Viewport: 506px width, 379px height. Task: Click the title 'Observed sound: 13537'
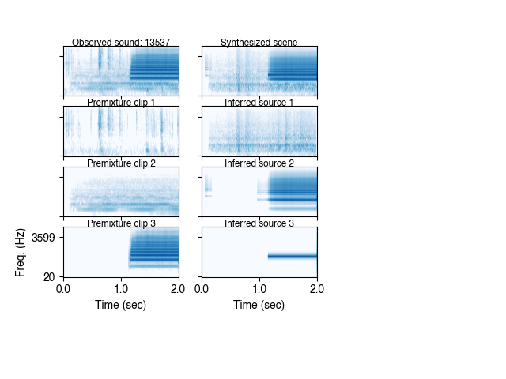[x=121, y=43]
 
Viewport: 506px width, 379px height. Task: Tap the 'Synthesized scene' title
[x=259, y=43]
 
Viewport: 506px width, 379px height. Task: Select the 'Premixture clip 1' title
[x=121, y=103]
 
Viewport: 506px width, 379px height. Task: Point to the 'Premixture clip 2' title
[x=121, y=163]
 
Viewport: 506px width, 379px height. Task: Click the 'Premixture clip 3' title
[x=121, y=223]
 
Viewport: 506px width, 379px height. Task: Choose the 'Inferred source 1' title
[x=259, y=103]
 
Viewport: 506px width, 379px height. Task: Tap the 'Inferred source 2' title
[x=259, y=163]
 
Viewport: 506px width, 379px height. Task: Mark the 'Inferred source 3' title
[x=259, y=223]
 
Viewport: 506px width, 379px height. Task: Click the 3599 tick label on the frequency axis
[x=43, y=237]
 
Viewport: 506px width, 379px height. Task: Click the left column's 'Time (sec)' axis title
[x=121, y=305]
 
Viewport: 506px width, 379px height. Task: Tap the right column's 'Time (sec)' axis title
[x=259, y=305]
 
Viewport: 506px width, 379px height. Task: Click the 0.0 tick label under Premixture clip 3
[x=64, y=289]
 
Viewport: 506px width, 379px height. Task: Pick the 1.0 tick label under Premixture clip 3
[x=121, y=289]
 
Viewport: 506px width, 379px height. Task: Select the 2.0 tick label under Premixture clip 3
[x=179, y=289]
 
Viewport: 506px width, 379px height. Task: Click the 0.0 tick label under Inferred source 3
[x=202, y=289]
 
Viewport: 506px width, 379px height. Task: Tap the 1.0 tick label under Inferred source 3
[x=259, y=289]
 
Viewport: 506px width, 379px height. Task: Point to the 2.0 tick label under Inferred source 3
[x=317, y=289]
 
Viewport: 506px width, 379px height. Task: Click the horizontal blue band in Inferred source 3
[x=293, y=256]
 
